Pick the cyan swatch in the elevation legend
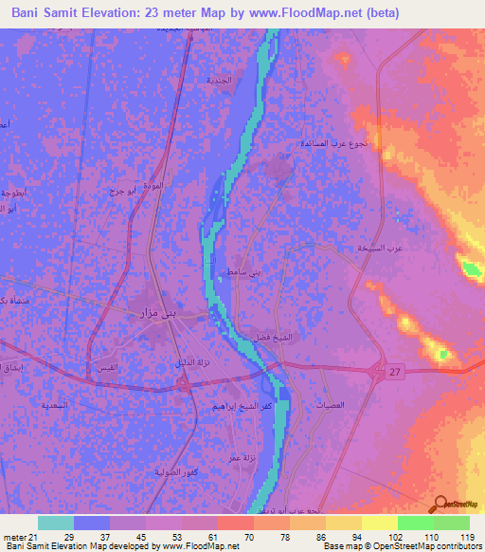pyautogui.click(x=56, y=523)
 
